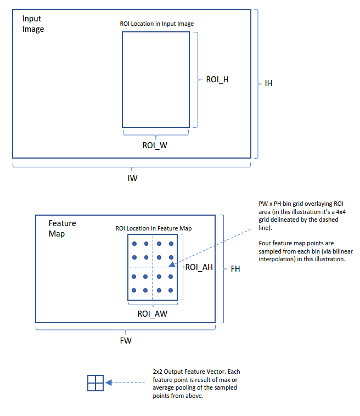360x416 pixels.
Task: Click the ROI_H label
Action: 217,80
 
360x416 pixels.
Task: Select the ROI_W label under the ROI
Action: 155,145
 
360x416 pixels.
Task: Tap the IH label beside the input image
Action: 268,83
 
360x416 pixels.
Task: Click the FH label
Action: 235,269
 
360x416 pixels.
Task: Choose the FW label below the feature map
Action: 126,340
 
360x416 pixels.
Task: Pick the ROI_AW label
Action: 152,314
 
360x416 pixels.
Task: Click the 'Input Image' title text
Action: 33,24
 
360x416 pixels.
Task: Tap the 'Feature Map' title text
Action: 62,228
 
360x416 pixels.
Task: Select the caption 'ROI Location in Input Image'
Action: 156,24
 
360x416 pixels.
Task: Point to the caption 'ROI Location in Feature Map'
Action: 153,228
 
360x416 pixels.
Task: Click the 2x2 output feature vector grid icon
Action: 95,383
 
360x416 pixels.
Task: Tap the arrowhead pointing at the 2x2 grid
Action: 109,383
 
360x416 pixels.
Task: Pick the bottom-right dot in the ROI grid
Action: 171,290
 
